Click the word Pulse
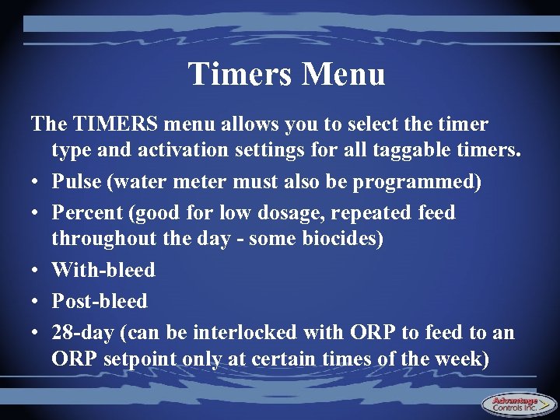pyautogui.click(x=78, y=181)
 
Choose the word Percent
pyautogui.click(x=87, y=212)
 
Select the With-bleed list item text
pyautogui.click(x=103, y=270)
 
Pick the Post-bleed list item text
pyautogui.click(x=100, y=301)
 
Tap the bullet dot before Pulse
pyautogui.click(x=36, y=183)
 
